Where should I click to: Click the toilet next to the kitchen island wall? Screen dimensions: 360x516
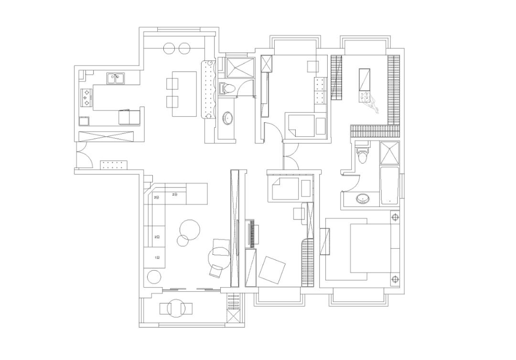click(226, 87)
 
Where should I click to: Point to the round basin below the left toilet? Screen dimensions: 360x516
click(228, 117)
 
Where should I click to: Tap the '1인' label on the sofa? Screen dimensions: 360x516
click(157, 257)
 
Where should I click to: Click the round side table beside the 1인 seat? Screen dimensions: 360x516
click(154, 277)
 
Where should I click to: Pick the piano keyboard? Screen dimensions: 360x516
click(251, 233)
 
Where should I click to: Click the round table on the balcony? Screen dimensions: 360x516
click(176, 308)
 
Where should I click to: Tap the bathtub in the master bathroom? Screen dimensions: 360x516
click(390, 186)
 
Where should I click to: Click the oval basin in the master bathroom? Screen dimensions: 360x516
click(364, 198)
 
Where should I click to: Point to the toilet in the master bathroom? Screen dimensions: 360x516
click(363, 155)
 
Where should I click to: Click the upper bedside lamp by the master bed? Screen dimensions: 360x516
click(395, 218)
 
